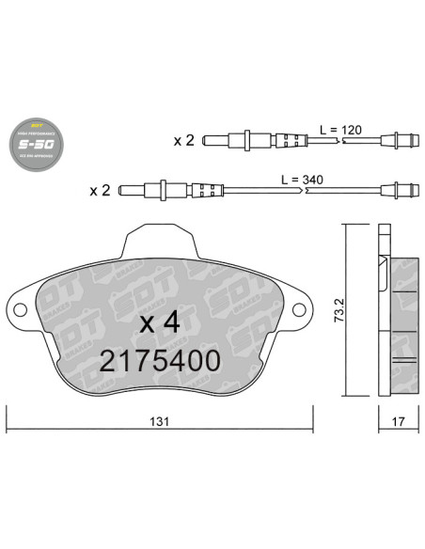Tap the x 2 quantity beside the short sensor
(x=183, y=141)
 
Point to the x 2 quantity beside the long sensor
(x=100, y=190)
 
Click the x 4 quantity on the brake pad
(x=159, y=322)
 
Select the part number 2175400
(x=159, y=360)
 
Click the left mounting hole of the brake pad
(x=18, y=311)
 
